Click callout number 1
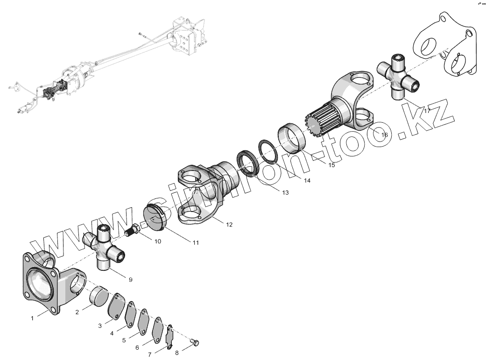pos(32,318)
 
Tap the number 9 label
pos(130,279)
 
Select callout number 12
pos(229,225)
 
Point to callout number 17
pos(427,111)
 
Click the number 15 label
pos(331,165)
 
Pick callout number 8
pos(176,353)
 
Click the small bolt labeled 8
pos(196,344)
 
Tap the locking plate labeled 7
pos(169,336)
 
